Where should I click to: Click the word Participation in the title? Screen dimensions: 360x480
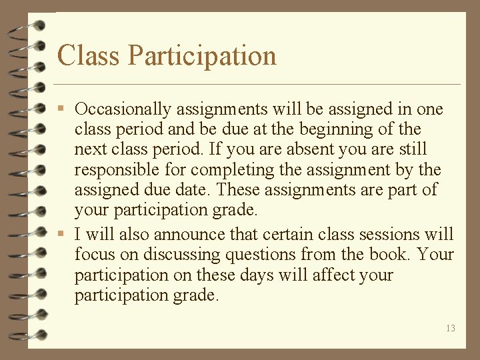201,56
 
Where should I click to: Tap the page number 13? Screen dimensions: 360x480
451,328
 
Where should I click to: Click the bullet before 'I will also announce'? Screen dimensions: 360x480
61,235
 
